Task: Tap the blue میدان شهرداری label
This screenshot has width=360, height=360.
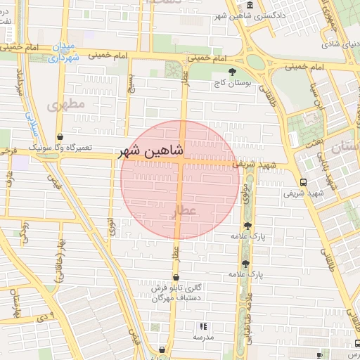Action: click(65, 53)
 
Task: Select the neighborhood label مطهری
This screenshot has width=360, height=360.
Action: click(67, 104)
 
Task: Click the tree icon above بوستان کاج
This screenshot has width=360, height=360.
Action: click(233, 72)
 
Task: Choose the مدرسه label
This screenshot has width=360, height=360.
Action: click(203, 337)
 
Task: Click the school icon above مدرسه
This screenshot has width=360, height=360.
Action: click(203, 326)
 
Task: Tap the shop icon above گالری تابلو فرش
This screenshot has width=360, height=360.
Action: click(176, 278)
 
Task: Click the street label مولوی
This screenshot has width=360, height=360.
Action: click(246, 194)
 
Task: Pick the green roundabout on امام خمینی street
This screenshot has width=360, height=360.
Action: click(256, 62)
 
